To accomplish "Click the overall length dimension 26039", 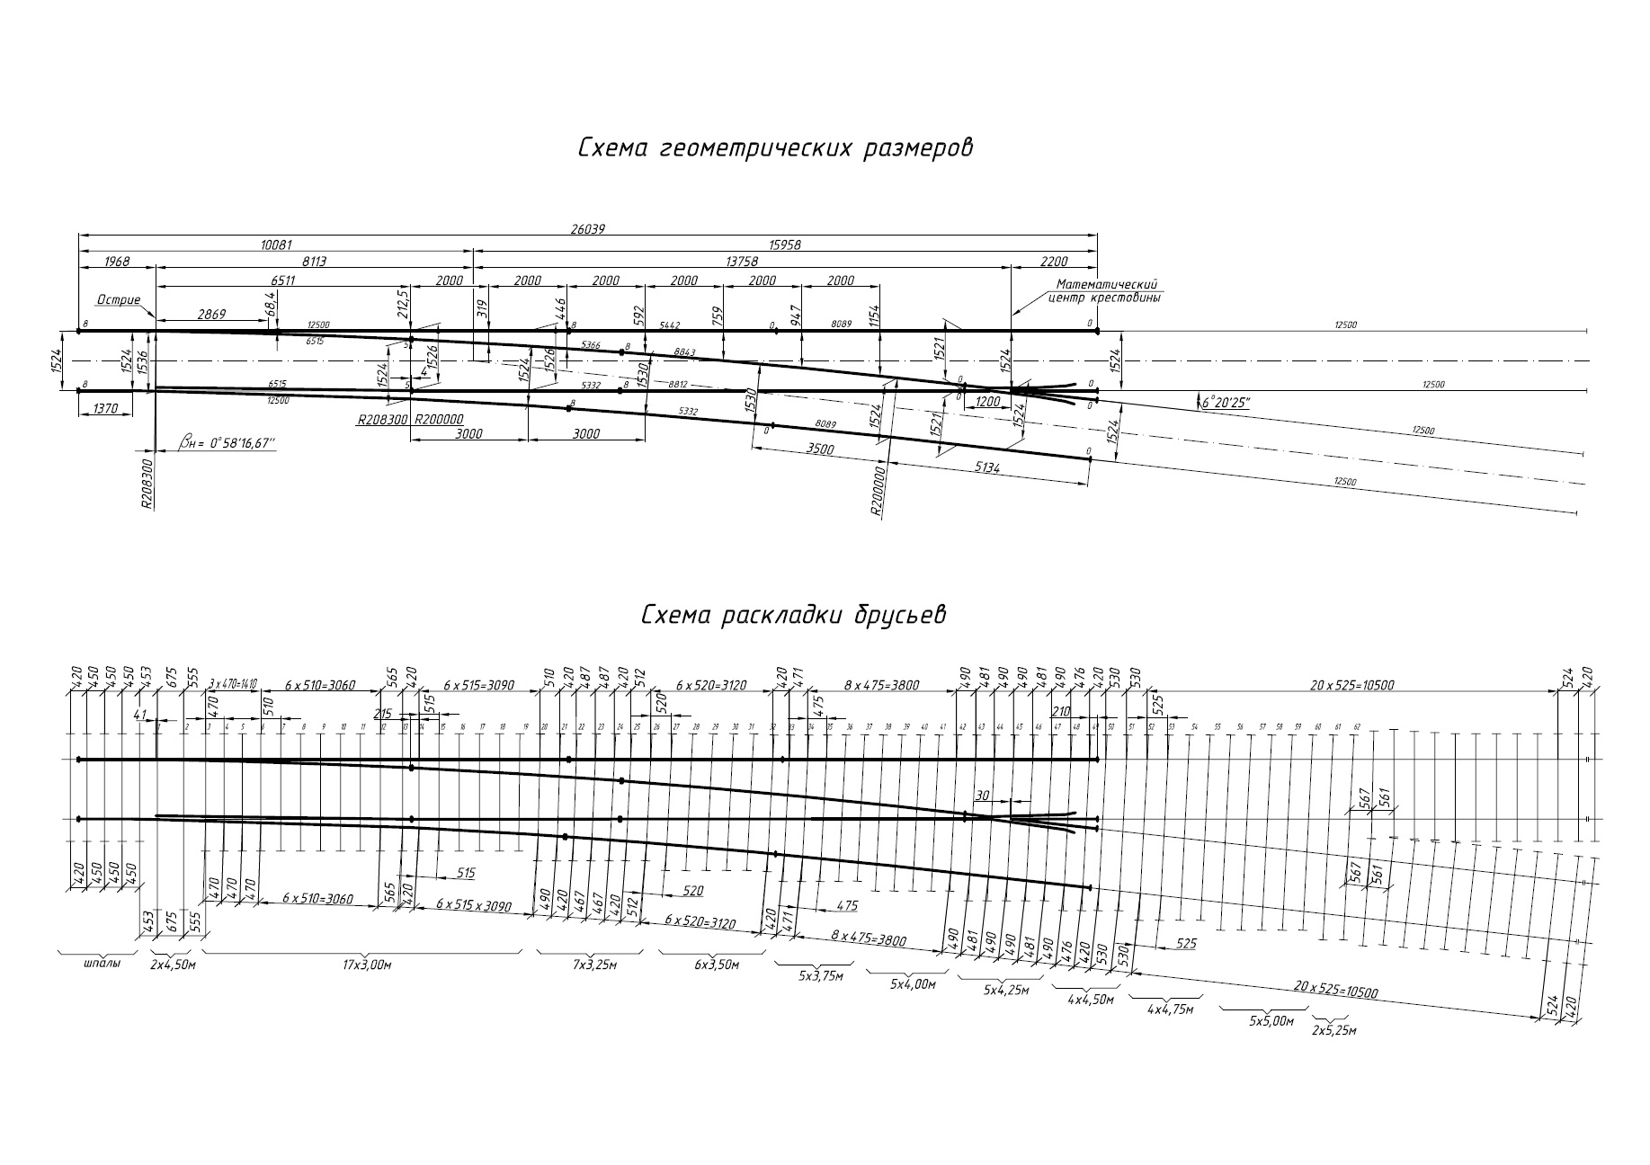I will [587, 229].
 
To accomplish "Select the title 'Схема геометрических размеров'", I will [775, 148].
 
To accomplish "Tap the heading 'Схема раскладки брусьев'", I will [793, 616].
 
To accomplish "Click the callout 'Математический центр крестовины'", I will [1107, 290].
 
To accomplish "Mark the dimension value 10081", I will [276, 245].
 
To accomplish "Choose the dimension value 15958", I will [785, 245].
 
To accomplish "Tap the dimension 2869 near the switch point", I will [212, 315].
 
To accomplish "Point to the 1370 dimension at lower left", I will [105, 409].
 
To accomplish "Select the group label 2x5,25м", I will [1333, 1030].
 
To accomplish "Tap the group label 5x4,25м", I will [1003, 990].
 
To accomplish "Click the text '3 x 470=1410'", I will [233, 684].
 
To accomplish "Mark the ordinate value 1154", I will [876, 317].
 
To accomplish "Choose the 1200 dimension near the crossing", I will [987, 402].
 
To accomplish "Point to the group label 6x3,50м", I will [715, 965].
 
